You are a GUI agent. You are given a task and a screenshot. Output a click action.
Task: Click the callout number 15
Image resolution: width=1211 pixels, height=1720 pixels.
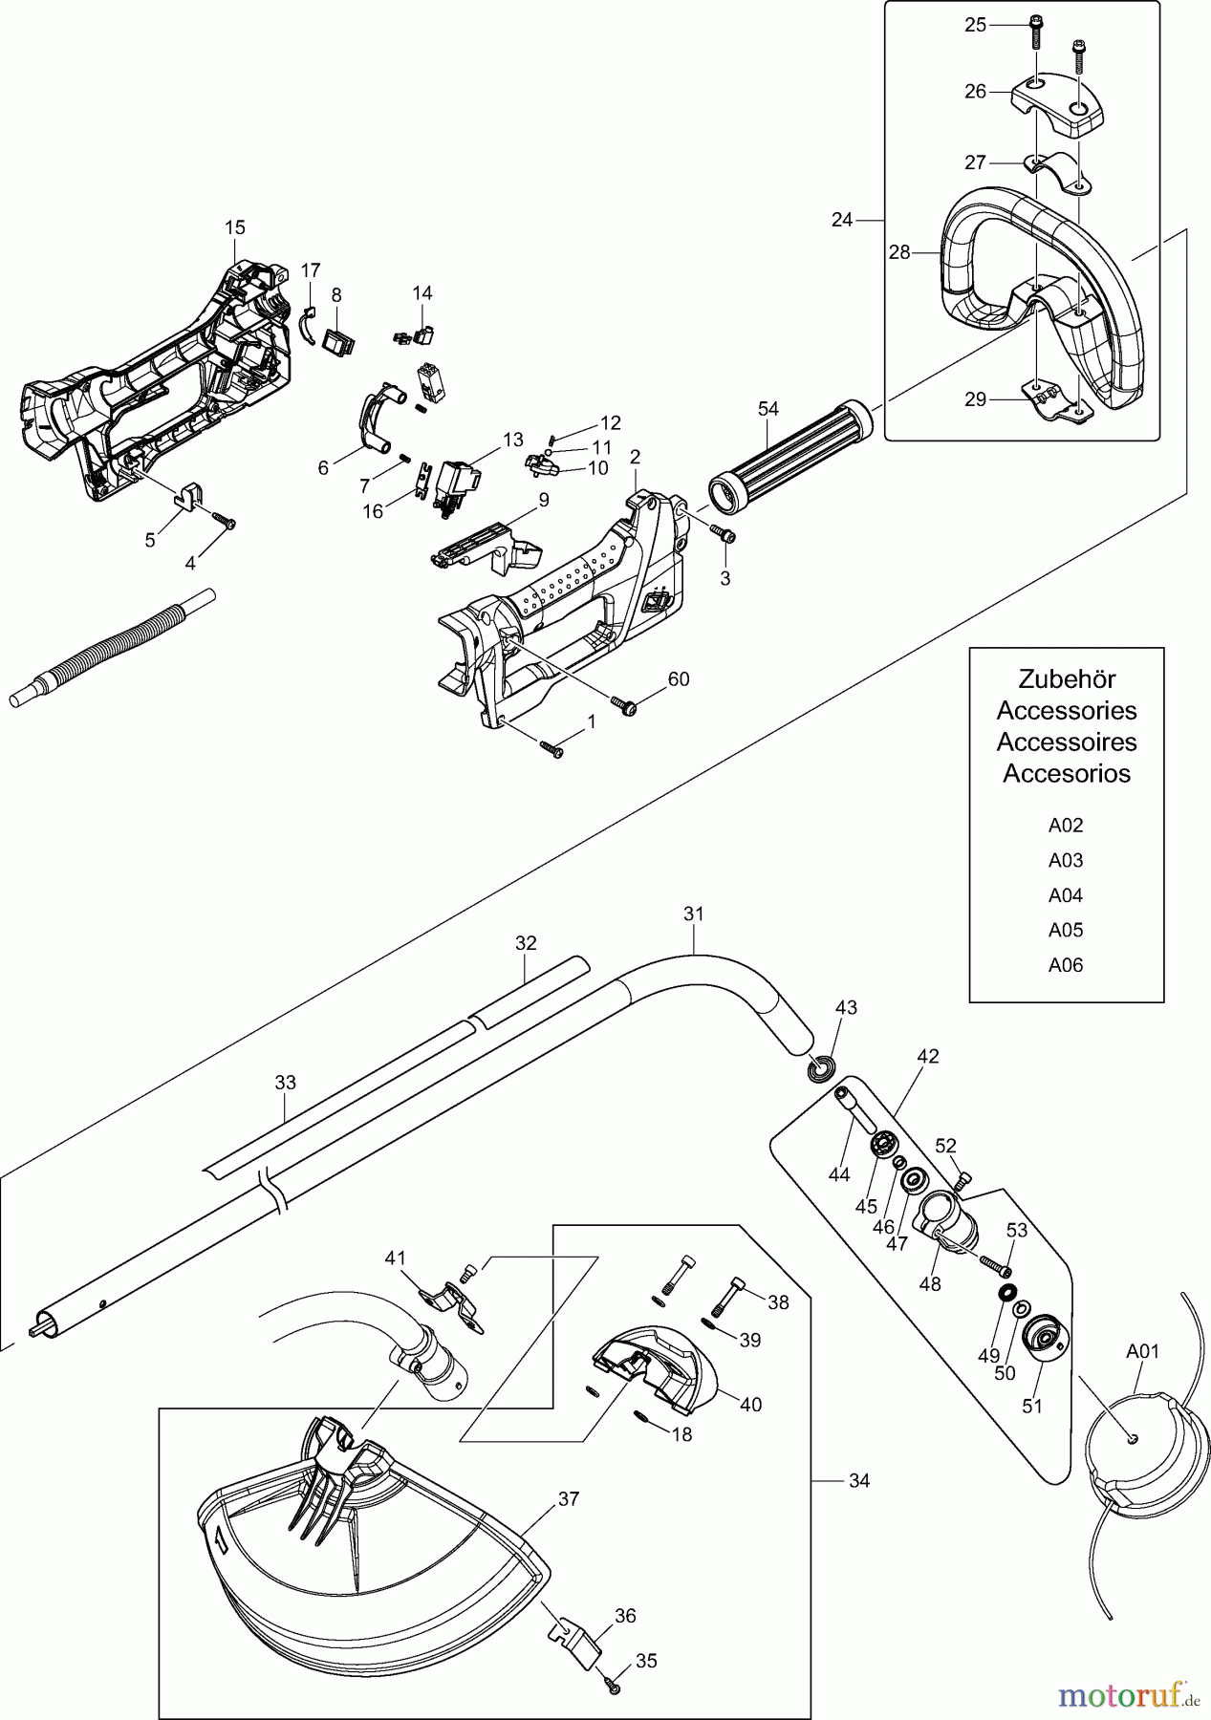(235, 227)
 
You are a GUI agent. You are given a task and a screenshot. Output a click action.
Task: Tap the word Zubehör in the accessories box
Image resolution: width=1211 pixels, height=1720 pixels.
(1066, 679)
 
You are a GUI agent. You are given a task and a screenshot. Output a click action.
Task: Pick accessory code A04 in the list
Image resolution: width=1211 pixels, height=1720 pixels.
(1066, 895)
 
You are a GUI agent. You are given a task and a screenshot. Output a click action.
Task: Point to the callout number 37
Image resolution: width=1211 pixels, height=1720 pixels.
(569, 1499)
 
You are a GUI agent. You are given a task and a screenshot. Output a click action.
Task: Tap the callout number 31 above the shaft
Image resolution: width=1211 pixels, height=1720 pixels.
(694, 914)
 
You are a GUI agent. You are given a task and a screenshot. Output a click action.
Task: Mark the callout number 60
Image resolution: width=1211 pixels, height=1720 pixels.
(678, 679)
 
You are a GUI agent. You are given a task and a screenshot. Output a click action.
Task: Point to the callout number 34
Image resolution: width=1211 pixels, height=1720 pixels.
(859, 1481)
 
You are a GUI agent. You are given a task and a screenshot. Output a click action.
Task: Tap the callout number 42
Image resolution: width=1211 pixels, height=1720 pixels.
(927, 1057)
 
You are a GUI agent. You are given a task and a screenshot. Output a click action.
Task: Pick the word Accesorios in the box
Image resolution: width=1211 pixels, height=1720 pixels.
(1066, 773)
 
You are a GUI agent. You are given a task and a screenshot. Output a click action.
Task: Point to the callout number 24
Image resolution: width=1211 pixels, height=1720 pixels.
(841, 220)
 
